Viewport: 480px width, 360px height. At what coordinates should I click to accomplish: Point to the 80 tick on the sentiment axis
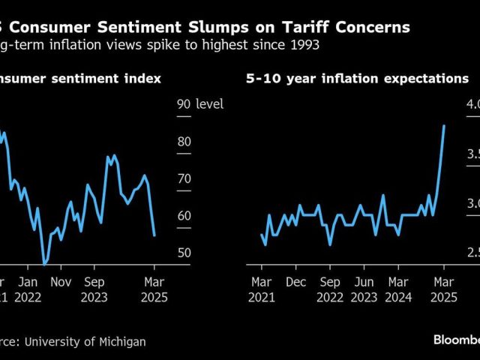184,142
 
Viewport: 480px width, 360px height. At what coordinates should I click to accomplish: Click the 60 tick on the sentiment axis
184,216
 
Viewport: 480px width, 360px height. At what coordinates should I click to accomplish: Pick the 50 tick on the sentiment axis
184,253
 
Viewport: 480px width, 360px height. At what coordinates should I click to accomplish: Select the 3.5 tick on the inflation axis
473,154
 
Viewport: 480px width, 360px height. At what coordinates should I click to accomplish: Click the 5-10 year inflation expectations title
357,79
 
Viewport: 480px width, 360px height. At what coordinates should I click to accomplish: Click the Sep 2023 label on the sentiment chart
94,289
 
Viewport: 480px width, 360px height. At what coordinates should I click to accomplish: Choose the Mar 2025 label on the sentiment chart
154,289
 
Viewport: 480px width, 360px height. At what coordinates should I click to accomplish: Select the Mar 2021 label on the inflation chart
261,289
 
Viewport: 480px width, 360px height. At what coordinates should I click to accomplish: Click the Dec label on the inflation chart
295,283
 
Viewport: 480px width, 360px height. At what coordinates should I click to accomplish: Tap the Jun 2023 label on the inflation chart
364,289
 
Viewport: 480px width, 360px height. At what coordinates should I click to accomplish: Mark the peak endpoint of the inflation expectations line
445,125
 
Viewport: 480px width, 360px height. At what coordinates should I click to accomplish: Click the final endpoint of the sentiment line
154,235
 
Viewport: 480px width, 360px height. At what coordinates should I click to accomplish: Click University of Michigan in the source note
84,341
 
